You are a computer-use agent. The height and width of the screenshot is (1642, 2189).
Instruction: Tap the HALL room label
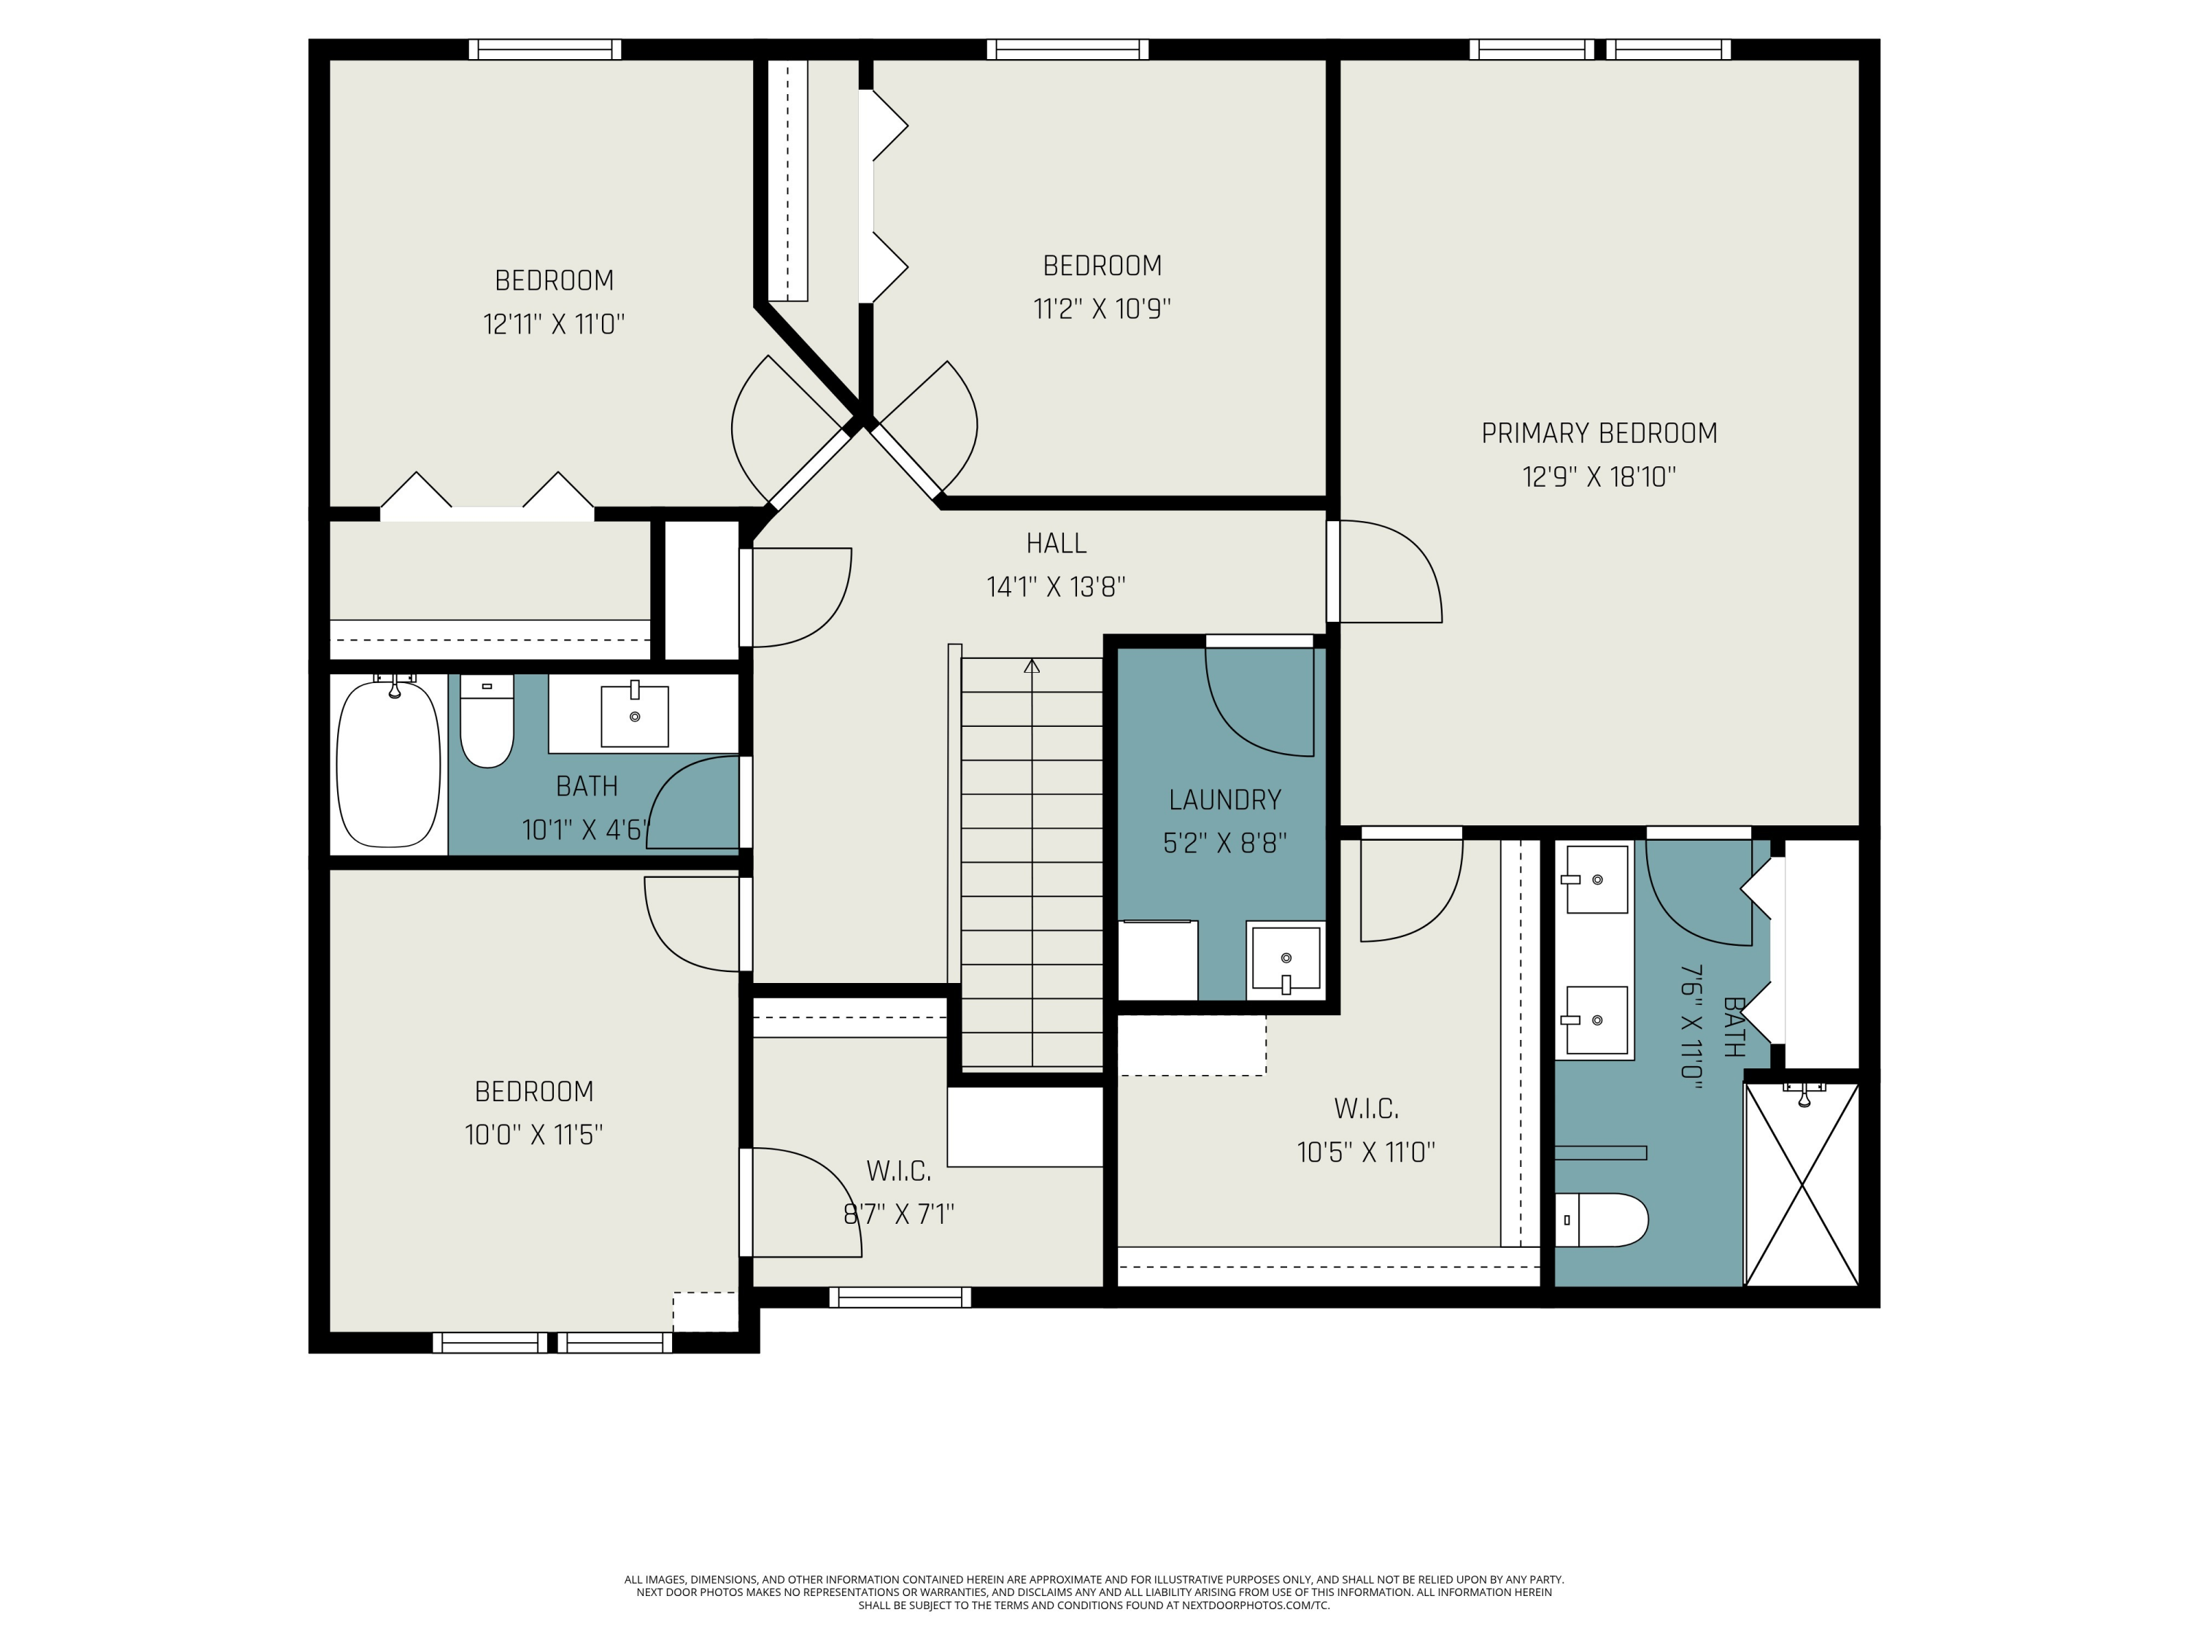pos(1056,544)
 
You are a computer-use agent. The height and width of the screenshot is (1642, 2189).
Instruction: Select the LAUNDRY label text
pos(1224,800)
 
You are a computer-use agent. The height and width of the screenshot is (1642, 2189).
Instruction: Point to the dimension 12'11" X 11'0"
pos(553,323)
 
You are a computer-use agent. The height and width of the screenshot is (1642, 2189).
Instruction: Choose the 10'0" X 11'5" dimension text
pos(533,1134)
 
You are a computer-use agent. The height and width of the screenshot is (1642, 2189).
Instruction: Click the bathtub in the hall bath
pos(388,761)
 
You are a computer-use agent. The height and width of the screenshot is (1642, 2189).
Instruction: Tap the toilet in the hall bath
pos(487,722)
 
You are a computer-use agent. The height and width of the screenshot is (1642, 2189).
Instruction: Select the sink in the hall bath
pos(634,714)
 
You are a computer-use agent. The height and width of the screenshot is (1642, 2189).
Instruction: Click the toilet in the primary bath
pos(1601,1219)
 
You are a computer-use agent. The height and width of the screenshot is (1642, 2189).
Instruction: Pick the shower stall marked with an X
pos(1801,1184)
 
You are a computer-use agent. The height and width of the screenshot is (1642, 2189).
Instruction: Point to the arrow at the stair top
pos(1032,666)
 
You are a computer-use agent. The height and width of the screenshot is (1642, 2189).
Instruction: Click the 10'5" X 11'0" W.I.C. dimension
pos(1366,1153)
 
